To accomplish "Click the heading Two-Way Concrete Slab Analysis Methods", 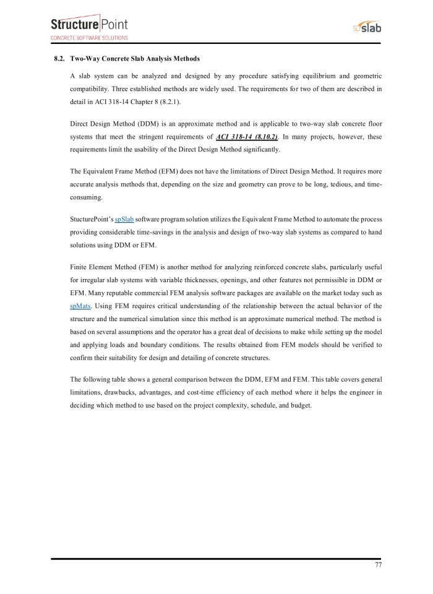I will (x=135, y=59).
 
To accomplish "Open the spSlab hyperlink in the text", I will (x=124, y=220).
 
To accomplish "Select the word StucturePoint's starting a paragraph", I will (x=92, y=220).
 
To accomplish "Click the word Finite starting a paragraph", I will (x=80, y=269).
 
